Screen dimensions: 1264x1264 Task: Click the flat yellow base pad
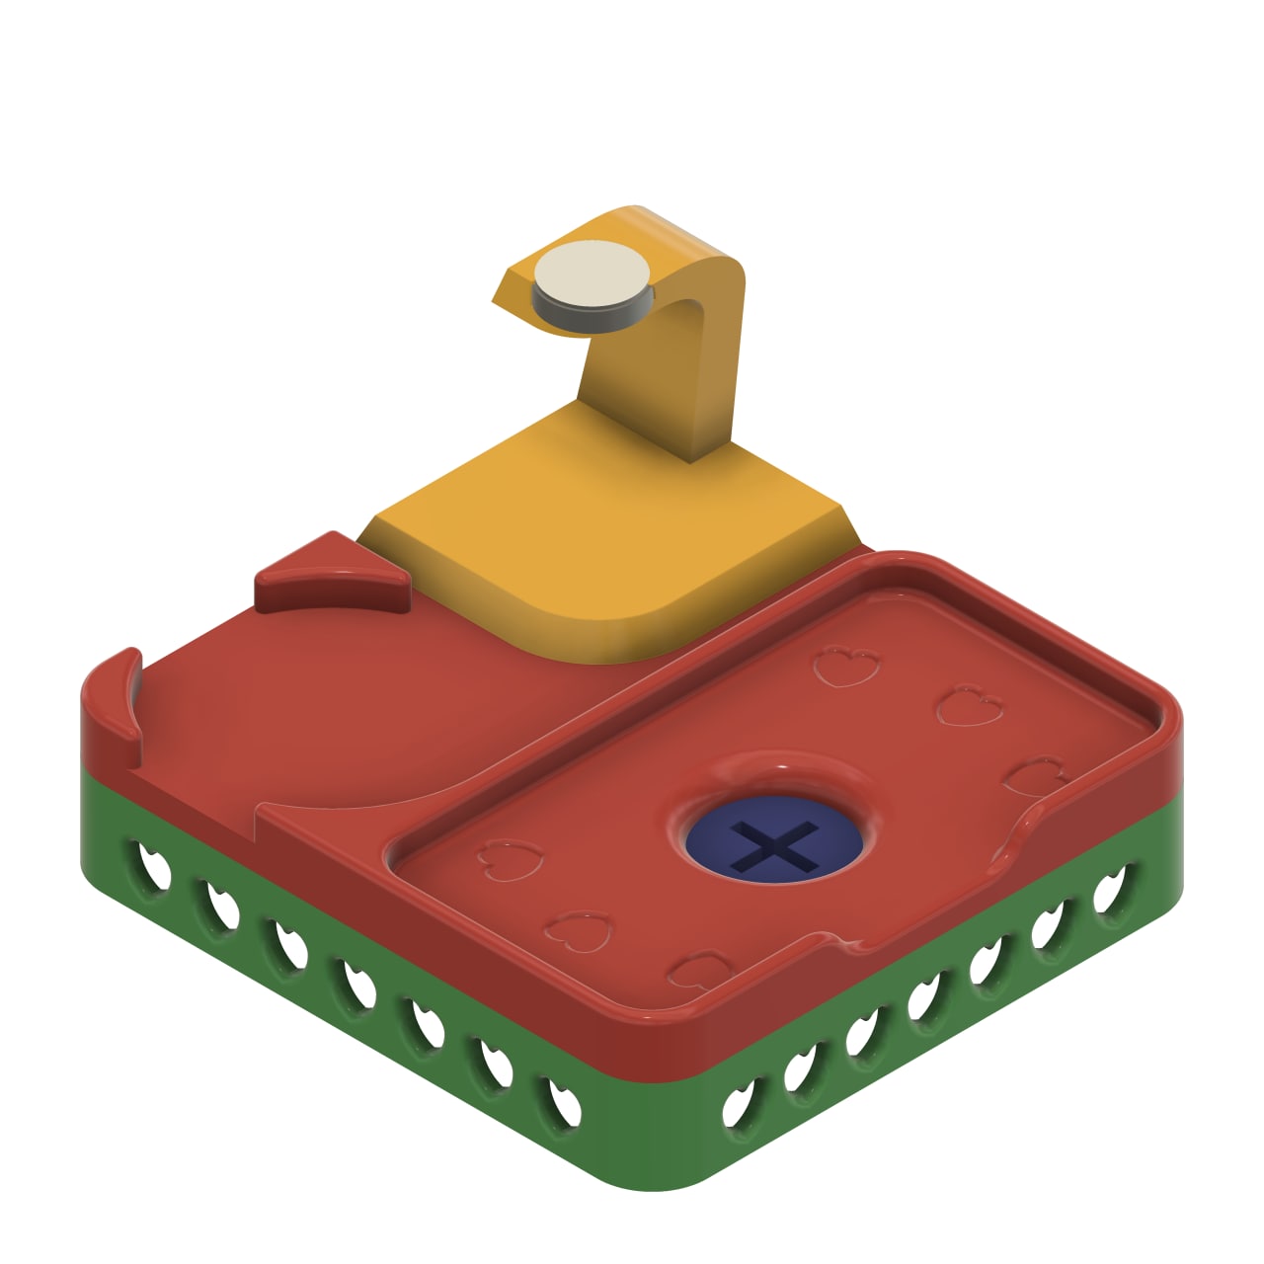coord(602,538)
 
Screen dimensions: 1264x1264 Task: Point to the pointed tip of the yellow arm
coord(498,297)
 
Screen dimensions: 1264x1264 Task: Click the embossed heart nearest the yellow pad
coord(846,666)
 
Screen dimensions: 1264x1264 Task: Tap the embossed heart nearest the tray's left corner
coord(509,859)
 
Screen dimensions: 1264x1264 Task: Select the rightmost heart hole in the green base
coord(1114,889)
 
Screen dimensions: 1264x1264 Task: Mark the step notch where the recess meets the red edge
coord(259,815)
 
